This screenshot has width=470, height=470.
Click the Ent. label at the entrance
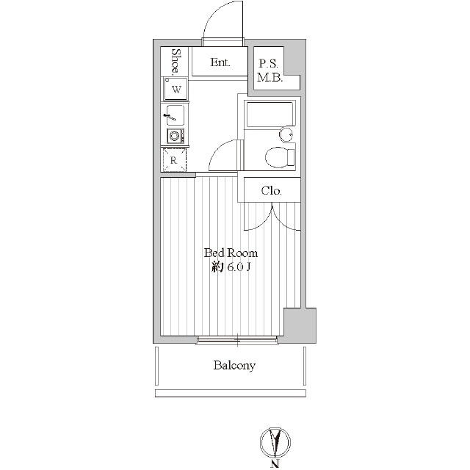click(x=220, y=62)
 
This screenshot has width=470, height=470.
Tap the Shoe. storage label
click(x=176, y=62)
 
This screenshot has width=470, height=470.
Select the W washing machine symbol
click(x=176, y=89)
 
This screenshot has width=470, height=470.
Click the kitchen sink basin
click(x=175, y=115)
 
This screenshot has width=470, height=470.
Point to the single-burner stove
click(x=176, y=136)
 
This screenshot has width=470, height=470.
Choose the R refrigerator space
click(x=174, y=160)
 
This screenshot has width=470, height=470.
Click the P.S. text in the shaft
click(x=268, y=64)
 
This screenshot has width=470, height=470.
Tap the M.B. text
click(x=270, y=78)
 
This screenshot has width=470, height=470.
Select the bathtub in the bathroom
click(x=270, y=113)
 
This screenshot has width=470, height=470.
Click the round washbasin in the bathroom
click(x=286, y=134)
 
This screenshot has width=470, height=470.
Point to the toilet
click(x=281, y=156)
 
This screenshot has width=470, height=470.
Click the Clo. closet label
click(x=271, y=191)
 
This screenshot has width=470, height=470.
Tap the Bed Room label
click(x=231, y=253)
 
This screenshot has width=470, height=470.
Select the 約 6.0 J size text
click(x=231, y=267)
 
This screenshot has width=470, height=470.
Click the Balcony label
click(x=234, y=366)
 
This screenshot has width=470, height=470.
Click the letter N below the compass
click(x=275, y=464)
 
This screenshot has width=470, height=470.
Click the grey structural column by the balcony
click(x=300, y=325)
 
